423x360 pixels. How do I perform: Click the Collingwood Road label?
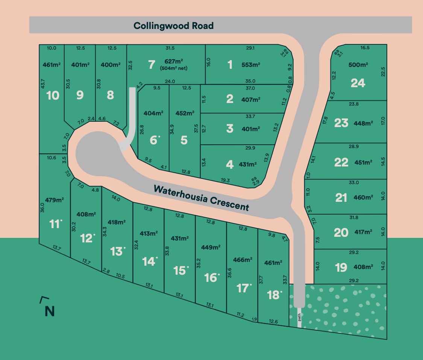pos(173,26)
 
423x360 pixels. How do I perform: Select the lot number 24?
pos(358,83)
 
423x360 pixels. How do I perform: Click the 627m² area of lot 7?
pos(174,62)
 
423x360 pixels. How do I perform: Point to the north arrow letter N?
pos(49,311)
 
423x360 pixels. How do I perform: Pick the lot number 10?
pos(53,95)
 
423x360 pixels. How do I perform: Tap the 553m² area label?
pos(251,65)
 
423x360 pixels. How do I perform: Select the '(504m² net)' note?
pos(174,68)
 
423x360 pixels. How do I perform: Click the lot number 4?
pos(229,164)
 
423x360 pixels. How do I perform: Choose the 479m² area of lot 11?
pos(54,200)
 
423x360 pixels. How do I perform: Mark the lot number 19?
pos(341,268)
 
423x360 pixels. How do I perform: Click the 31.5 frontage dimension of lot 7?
pos(170,48)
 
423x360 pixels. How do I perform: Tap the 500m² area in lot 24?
pos(358,65)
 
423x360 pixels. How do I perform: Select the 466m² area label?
pos(242,260)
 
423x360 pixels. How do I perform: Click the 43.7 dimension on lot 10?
pos(42,84)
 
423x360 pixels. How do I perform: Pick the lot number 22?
pos(341,162)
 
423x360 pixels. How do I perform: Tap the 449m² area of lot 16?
pos(211,247)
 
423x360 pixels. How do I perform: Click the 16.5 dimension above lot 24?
pos(365,48)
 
